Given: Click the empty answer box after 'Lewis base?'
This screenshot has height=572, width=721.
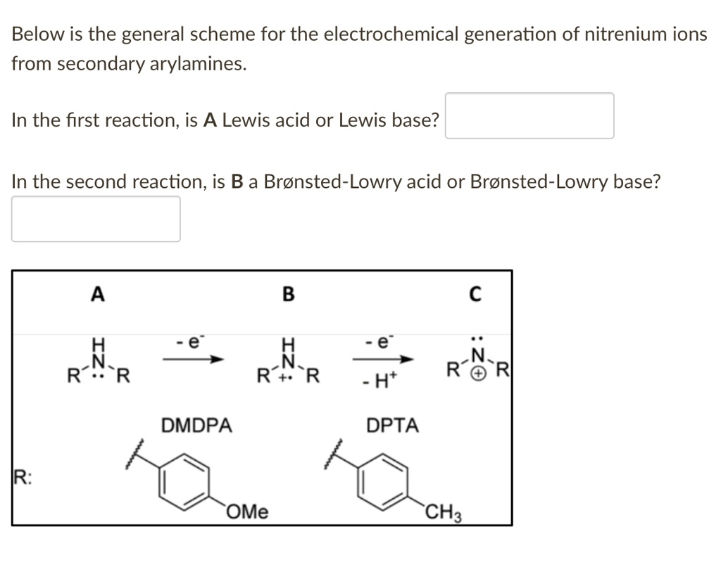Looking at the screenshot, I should click(x=529, y=116).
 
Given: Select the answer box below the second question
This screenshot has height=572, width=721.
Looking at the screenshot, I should click(x=96, y=219).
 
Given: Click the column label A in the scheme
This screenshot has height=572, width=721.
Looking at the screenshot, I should click(x=97, y=295).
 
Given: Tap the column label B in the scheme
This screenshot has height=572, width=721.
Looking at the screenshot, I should click(x=287, y=295).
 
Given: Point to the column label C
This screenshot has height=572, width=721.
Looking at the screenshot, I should click(x=475, y=295).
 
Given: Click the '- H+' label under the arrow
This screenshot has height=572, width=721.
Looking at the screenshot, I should click(x=381, y=385).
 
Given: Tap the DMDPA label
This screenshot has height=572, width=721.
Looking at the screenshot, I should click(x=196, y=426).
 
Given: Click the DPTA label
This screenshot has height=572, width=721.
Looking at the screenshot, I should click(x=392, y=426).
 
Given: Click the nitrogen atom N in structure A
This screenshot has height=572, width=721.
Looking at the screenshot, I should click(x=99, y=360).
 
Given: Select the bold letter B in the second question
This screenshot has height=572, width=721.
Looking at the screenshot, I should click(x=237, y=182).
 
